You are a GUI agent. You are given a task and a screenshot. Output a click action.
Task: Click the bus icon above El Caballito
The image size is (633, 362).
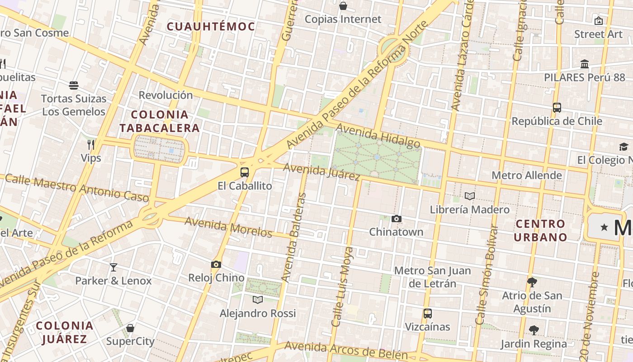(x=245, y=172)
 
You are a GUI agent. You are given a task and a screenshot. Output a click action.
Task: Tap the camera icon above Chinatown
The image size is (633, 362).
(x=397, y=219)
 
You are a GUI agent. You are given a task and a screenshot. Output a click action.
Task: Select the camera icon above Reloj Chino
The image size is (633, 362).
(x=216, y=265)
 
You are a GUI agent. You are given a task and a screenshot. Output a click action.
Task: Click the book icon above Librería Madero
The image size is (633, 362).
(x=470, y=196)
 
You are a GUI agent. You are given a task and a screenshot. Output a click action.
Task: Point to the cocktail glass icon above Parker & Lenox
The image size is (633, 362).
(x=113, y=267)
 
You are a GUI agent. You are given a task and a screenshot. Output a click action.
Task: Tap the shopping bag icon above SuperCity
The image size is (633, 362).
(x=130, y=328)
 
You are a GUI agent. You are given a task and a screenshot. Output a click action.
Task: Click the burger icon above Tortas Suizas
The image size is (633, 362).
(x=74, y=86)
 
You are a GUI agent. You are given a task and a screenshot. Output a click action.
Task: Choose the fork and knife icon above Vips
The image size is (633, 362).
(x=91, y=145)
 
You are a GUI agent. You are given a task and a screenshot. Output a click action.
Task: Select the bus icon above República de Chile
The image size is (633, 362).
(x=557, y=108)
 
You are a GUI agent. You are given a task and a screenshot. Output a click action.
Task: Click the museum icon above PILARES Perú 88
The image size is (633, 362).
(x=585, y=64)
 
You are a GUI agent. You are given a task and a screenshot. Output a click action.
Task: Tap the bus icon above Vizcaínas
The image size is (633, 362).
(x=427, y=314)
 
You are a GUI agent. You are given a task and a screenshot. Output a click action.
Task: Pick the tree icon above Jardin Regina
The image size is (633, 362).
(x=534, y=330)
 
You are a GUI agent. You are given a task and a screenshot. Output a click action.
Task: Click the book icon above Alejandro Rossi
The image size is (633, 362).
(x=258, y=300)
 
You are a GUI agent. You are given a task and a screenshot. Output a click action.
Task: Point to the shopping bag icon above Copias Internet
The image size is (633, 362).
(x=343, y=6)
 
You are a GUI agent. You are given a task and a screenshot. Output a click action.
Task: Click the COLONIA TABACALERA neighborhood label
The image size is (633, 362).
(x=160, y=121)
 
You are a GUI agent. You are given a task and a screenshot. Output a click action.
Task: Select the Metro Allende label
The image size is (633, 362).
(x=527, y=175)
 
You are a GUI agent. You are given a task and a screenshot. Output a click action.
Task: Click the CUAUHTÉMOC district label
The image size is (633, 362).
(x=211, y=27)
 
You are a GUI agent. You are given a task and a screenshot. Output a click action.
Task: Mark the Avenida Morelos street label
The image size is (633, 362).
(x=228, y=227)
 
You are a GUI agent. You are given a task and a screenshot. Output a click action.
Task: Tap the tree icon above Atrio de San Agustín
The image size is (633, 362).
(x=532, y=282)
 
